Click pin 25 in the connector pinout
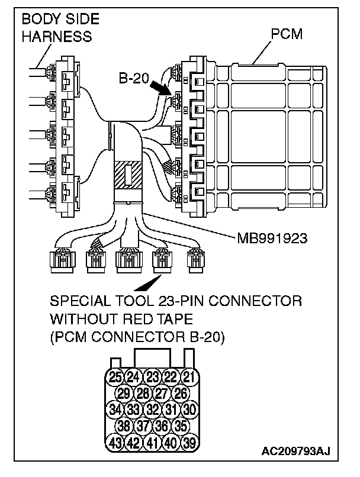click(x=116, y=377)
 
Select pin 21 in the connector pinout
click(x=188, y=377)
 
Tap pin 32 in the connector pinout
click(x=153, y=409)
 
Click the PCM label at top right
click(x=286, y=34)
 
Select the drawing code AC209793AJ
click(x=295, y=453)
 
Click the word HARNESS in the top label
click(x=57, y=36)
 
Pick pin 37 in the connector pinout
click(x=143, y=425)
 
